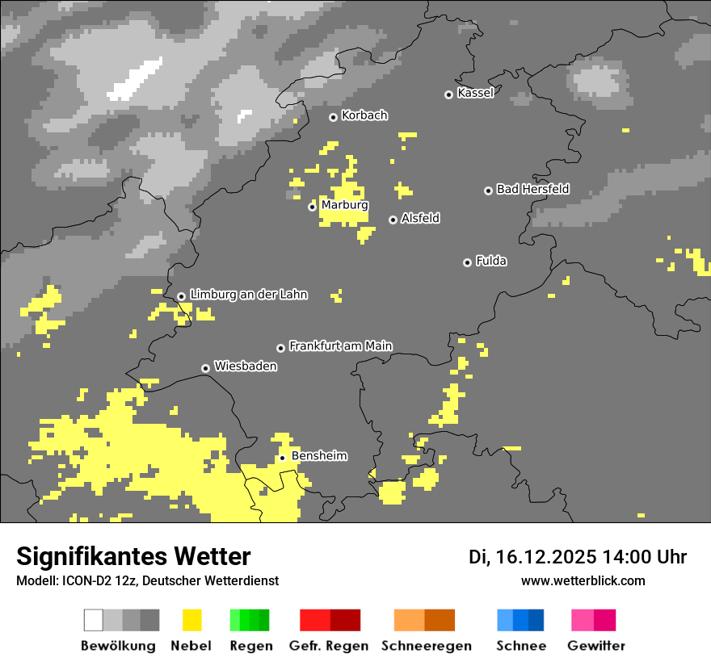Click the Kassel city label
475,93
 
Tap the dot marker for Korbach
333,117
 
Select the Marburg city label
344,205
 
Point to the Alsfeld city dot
393,220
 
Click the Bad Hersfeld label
532,189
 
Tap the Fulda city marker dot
467,262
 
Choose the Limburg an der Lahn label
249,295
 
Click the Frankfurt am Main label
340,345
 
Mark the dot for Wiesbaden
205,368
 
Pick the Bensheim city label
319,456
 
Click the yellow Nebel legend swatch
192,620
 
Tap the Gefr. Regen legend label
329,646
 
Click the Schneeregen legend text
426,646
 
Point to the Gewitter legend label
596,646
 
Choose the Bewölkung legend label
118,646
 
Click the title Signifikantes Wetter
133,556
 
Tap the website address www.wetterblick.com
583,580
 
